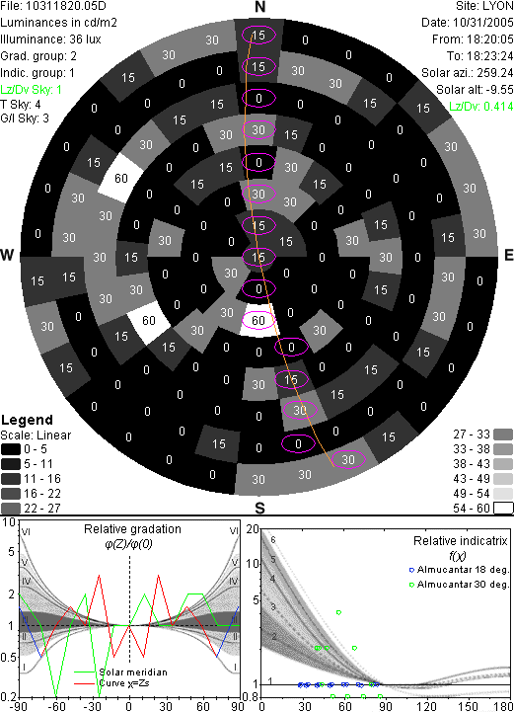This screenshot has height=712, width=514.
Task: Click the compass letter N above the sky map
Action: (x=259, y=7)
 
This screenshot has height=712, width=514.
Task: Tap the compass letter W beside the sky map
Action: (x=8, y=255)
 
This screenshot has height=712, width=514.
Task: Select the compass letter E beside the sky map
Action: (x=508, y=255)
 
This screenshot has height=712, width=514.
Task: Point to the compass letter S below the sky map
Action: (x=259, y=509)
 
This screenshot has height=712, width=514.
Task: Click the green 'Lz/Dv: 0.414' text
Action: (x=481, y=107)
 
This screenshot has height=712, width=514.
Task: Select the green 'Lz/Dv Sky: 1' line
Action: (x=31, y=90)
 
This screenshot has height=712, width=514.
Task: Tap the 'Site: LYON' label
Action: (x=484, y=6)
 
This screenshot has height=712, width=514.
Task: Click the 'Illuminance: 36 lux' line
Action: (x=50, y=40)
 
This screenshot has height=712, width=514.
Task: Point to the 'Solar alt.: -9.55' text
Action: (x=475, y=90)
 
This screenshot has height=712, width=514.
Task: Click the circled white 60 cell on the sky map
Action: (x=258, y=321)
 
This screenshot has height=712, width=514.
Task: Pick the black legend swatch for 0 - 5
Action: (x=11, y=449)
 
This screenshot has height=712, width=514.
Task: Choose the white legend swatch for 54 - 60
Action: (x=503, y=509)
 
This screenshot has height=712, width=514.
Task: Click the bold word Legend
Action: (x=28, y=420)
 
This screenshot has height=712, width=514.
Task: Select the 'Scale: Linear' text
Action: (x=36, y=435)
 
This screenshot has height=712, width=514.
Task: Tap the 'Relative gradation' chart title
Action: (x=132, y=529)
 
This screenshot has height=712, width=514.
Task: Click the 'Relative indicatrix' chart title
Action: (x=460, y=541)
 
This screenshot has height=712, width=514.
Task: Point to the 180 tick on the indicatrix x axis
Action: (x=504, y=706)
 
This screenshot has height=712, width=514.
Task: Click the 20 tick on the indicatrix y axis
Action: (x=253, y=530)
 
